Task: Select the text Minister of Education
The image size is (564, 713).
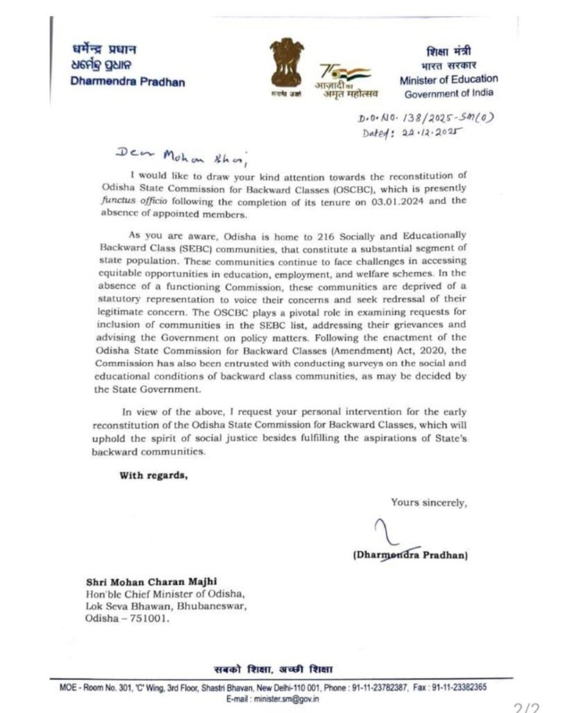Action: click(x=448, y=79)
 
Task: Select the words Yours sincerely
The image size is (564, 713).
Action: click(x=428, y=501)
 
